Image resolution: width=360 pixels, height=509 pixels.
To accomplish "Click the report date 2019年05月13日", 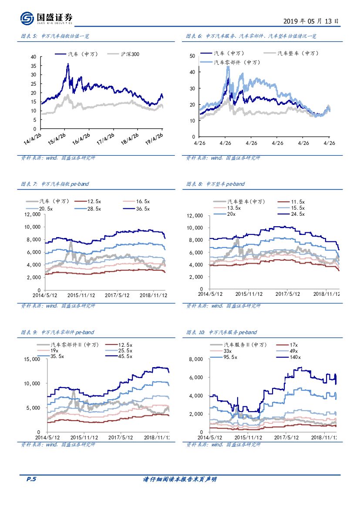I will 310,21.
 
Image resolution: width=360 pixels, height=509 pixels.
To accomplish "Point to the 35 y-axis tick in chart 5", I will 34,65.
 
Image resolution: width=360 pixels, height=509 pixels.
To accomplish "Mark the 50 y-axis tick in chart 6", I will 192,56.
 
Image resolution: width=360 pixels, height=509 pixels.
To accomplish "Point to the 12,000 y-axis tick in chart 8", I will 195,216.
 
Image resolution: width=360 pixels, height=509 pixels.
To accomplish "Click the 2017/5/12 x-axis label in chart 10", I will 289,437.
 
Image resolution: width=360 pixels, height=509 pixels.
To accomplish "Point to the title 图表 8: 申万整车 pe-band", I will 215,184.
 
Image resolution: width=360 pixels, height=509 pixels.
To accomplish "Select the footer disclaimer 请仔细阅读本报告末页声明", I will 180,479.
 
